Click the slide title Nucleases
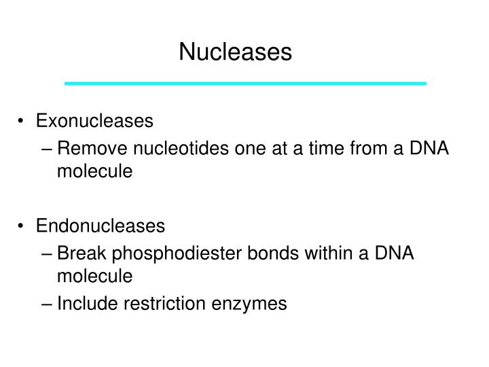[235, 52]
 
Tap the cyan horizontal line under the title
[244, 83]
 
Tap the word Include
[84, 303]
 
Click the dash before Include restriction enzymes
[48, 303]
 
